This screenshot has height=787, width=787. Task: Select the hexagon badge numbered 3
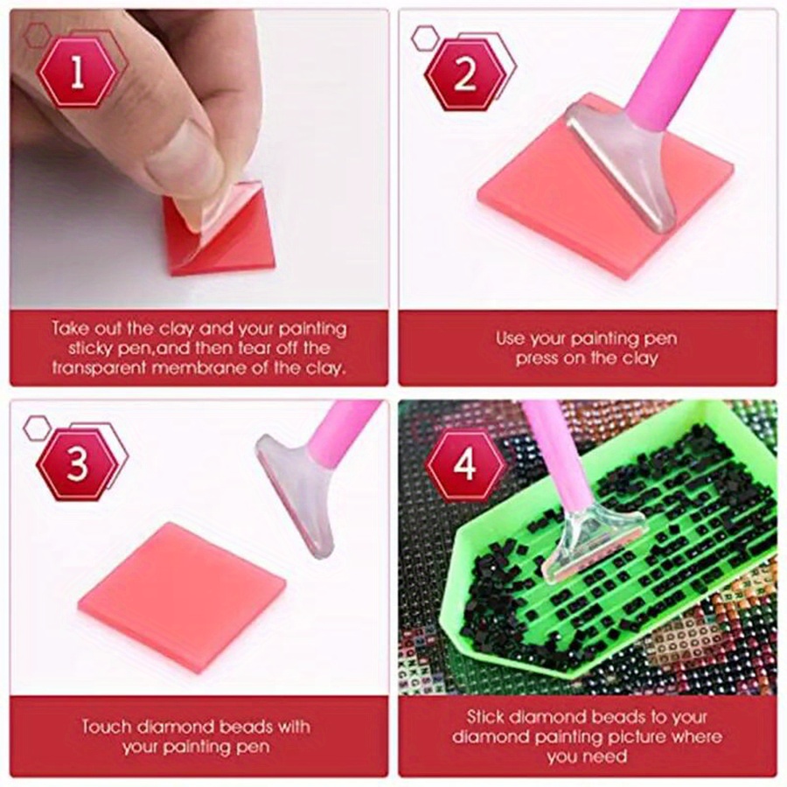pyautogui.click(x=77, y=464)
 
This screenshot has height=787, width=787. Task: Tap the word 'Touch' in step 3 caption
pyautogui.click(x=107, y=726)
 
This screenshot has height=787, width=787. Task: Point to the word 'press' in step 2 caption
pyautogui.click(x=538, y=359)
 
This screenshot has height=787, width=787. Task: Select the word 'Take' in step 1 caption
pyautogui.click(x=71, y=330)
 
